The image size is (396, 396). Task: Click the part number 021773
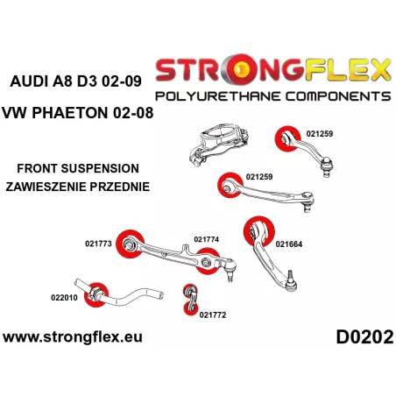pyautogui.click(x=98, y=244)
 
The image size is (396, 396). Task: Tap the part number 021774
pyautogui.click(x=207, y=239)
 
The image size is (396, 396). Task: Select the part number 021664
pyautogui.click(x=289, y=244)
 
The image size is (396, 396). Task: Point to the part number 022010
pyautogui.click(x=64, y=298)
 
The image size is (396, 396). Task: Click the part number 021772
pyautogui.click(x=213, y=315)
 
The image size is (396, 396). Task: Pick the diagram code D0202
pyautogui.click(x=364, y=337)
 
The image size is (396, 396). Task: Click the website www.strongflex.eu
pyautogui.click(x=73, y=337)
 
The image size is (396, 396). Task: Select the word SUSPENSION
pyautogui.click(x=100, y=168)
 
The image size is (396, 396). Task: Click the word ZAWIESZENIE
pyautogui.click(x=46, y=187)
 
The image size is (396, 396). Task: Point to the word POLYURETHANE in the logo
pyautogui.click(x=218, y=96)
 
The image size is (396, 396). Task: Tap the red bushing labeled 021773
pyautogui.click(x=131, y=244)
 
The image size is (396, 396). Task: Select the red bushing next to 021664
pyautogui.click(x=259, y=231)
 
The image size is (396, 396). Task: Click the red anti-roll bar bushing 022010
pyautogui.click(x=96, y=294)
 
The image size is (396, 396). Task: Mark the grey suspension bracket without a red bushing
pyautogui.click(x=218, y=143)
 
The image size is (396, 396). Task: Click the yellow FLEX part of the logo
pyautogui.click(x=348, y=70)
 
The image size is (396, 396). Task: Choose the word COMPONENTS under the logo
pyautogui.click(x=338, y=96)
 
